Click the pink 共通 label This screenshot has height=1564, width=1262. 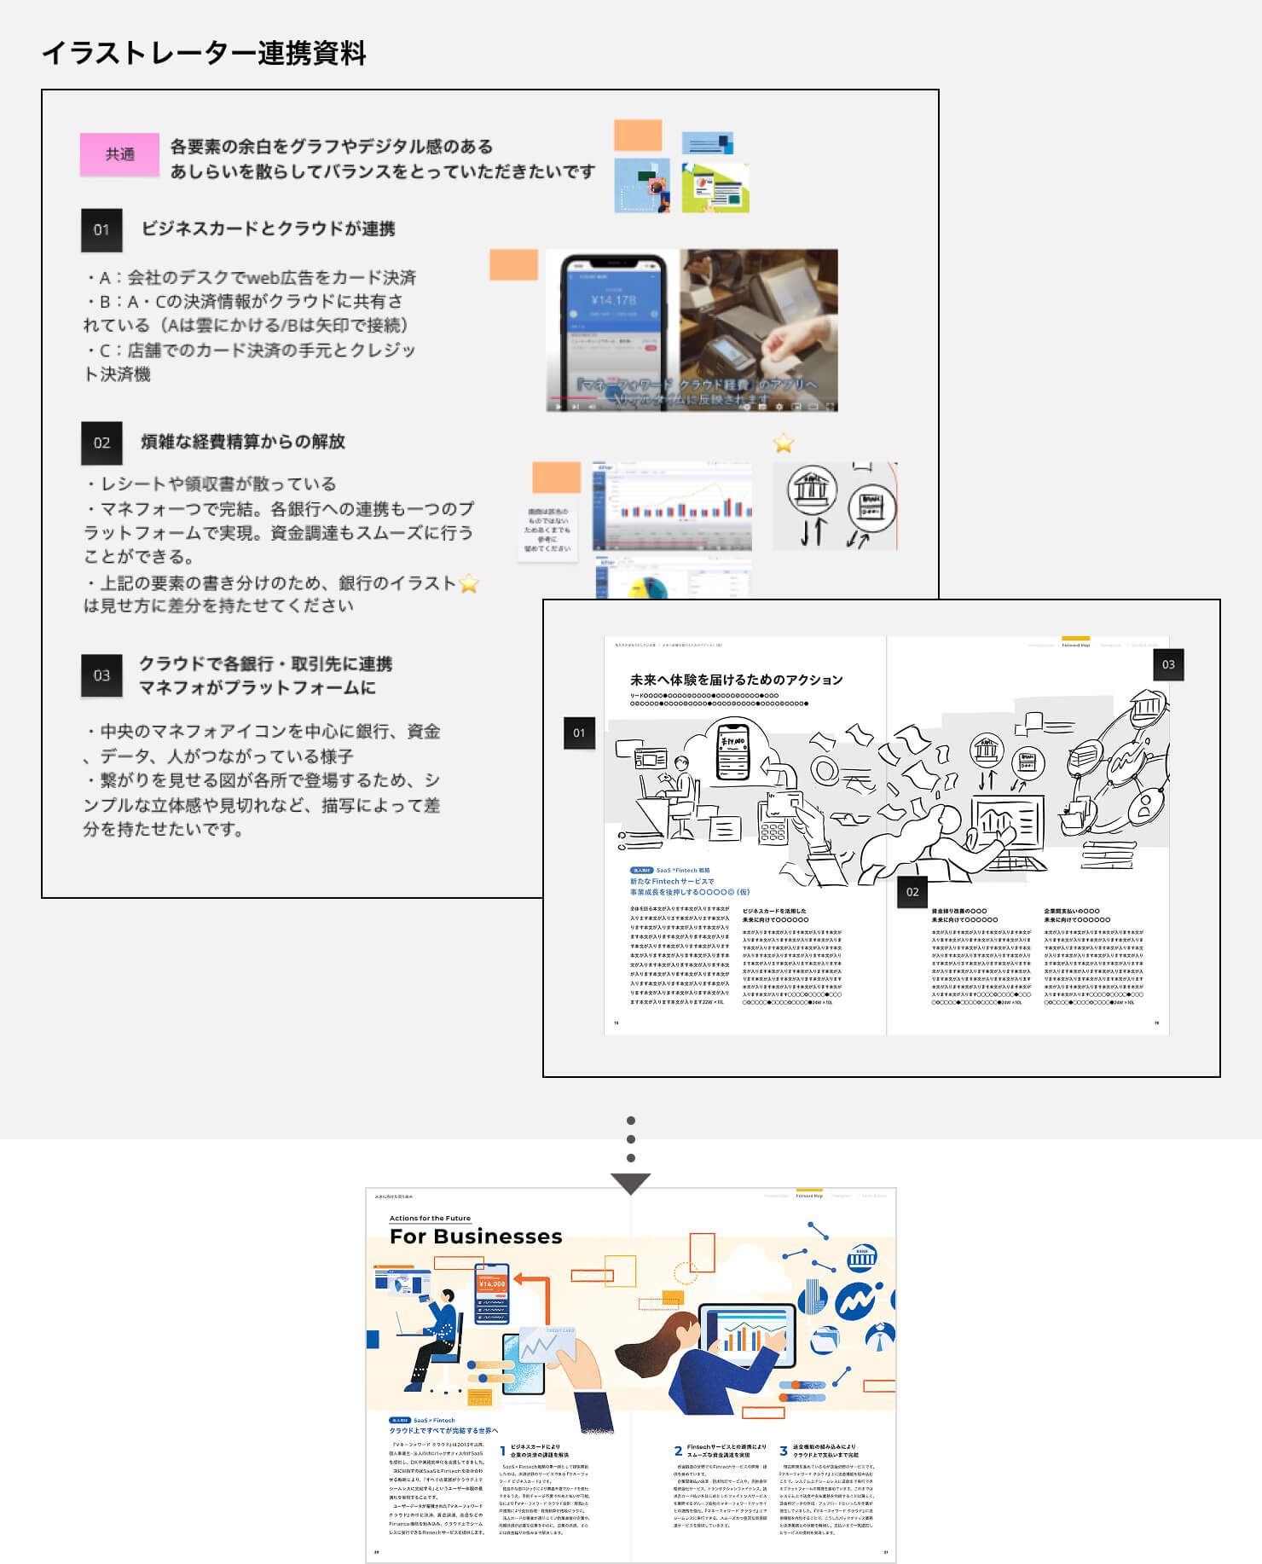119,154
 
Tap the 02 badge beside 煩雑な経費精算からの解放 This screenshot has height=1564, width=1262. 101,443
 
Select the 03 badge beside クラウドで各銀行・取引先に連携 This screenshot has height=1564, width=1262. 101,675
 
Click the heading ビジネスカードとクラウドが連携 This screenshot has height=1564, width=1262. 268,229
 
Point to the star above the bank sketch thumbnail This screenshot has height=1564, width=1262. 783,443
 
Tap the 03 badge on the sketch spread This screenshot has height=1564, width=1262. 1168,664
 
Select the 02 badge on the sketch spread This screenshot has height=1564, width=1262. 912,892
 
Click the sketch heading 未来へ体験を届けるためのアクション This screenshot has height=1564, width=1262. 736,680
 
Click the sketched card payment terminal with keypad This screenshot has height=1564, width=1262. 773,820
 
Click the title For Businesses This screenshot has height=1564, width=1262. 475,1237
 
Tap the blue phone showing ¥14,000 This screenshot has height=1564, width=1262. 491,1293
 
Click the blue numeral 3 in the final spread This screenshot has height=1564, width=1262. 783,1451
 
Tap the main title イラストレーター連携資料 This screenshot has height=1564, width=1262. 204,53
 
